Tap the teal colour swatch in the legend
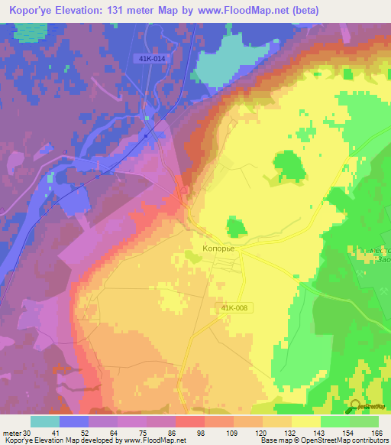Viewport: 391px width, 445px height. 45,421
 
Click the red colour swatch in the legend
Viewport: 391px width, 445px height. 190,421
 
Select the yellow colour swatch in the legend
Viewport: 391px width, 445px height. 306,421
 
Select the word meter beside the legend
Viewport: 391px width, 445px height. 11,433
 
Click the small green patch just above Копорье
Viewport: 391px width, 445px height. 236,226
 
